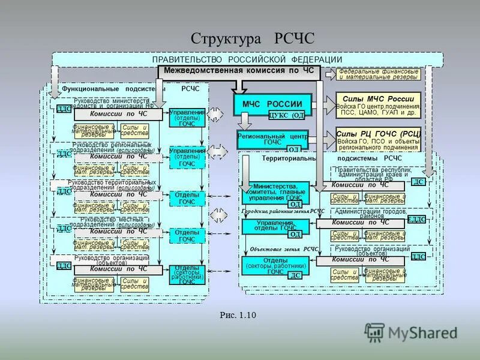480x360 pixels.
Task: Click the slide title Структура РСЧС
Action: (252, 39)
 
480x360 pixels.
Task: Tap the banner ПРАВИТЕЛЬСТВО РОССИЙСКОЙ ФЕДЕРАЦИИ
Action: (247, 60)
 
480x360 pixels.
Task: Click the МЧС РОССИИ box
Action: (272, 104)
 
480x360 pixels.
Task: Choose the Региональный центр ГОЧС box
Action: (272, 139)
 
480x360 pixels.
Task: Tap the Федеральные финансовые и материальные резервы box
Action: (378, 74)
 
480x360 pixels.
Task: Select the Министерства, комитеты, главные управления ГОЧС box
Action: (276, 192)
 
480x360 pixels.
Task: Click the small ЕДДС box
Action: (416, 220)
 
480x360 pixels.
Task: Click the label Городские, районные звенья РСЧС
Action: (283, 212)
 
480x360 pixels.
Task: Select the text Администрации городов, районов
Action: (371, 213)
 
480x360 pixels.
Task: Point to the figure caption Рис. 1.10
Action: (238, 314)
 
